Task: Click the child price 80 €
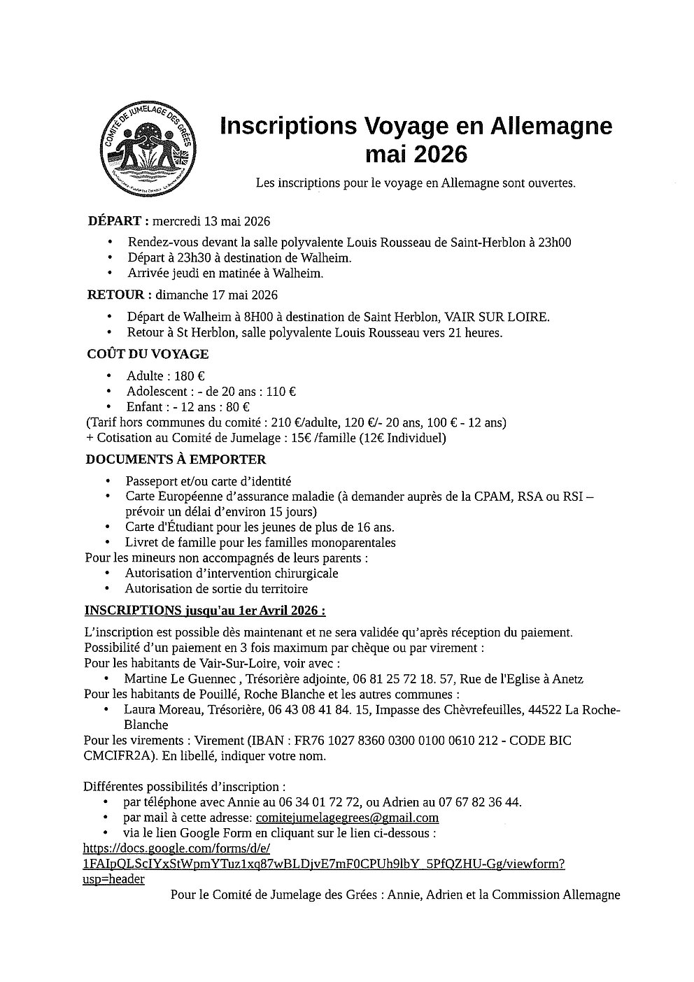point(237,407)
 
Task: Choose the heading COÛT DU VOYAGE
point(147,355)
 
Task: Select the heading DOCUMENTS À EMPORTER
point(176,460)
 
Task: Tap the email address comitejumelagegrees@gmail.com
point(347,818)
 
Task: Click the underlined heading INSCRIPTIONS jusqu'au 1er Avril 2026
point(205,611)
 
